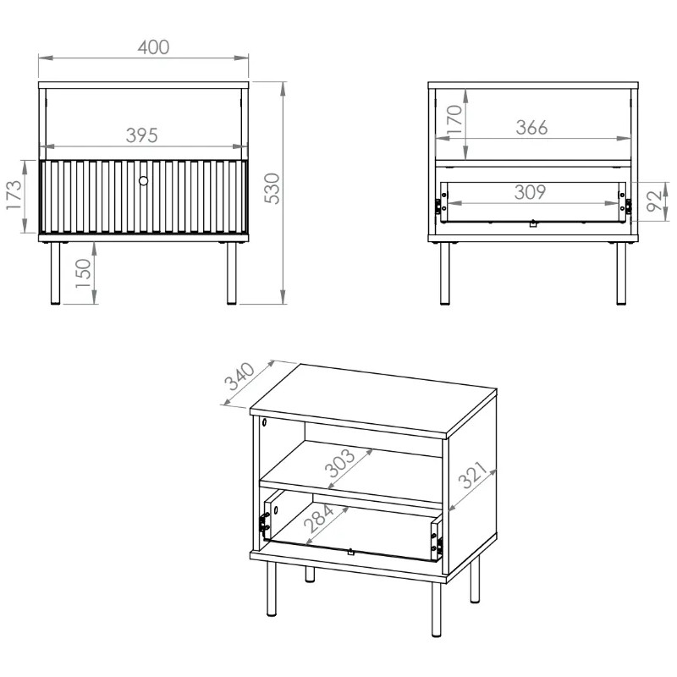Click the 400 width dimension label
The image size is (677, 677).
pos(153,47)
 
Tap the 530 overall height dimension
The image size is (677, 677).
pos(272,188)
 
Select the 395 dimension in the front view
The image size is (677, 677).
pos(141,135)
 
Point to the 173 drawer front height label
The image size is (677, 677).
pos(14,195)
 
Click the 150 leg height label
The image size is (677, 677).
pos(83,273)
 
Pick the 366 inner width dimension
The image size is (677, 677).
pos(531,128)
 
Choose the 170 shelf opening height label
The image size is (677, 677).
pos(454,119)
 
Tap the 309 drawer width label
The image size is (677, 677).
pos(530,192)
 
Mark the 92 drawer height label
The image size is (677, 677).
pos(654,201)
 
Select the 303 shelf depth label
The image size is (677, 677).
pos(340,463)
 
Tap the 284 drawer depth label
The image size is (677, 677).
pos(319,518)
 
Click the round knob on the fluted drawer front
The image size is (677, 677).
pos(143,180)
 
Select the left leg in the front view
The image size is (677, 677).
pos(55,273)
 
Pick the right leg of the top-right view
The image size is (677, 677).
pos(621,273)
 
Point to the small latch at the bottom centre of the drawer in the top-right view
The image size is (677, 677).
pos(533,223)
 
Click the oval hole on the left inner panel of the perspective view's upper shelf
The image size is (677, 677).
pos(264,421)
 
